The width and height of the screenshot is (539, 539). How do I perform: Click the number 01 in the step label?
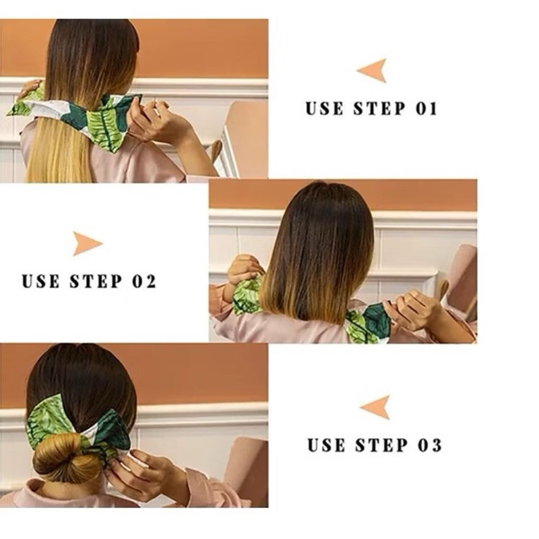pyautogui.click(x=426, y=108)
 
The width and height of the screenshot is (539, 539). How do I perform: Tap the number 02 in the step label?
pyautogui.click(x=144, y=281)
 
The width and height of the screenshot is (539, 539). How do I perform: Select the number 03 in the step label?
pyautogui.click(x=430, y=445)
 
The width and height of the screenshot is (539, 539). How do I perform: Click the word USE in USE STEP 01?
pyautogui.click(x=324, y=108)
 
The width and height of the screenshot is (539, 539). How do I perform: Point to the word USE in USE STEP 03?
pyautogui.click(x=326, y=445)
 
